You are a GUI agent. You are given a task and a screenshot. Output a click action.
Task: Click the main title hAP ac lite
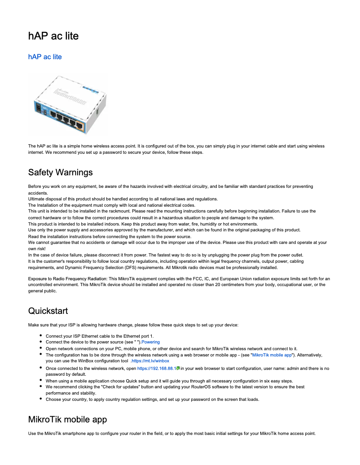pyautogui.click(x=53, y=36)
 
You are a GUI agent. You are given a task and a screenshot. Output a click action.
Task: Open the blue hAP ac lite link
pyautogui.click(x=45, y=57)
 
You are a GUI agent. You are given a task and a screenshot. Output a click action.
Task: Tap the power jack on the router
pyautogui.click(x=39, y=108)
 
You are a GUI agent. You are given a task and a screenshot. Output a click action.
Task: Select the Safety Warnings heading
pyautogui.click(x=60, y=172)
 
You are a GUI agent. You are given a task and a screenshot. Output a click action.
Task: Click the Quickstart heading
pyautogui.click(x=48, y=311)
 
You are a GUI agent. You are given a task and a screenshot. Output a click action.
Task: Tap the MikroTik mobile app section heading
pyautogui.click(x=67, y=419)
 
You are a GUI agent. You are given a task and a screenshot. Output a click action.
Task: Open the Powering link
pyautogui.click(x=150, y=342)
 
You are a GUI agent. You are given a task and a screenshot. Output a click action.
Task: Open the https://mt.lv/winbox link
pyautogui.click(x=150, y=361)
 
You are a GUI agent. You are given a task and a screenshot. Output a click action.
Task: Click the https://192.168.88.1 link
pyautogui.click(x=156, y=368)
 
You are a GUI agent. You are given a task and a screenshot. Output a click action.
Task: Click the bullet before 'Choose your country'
pyautogui.click(x=41, y=399)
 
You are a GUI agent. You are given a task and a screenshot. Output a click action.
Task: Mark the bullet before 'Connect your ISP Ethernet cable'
pyautogui.click(x=41, y=335)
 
